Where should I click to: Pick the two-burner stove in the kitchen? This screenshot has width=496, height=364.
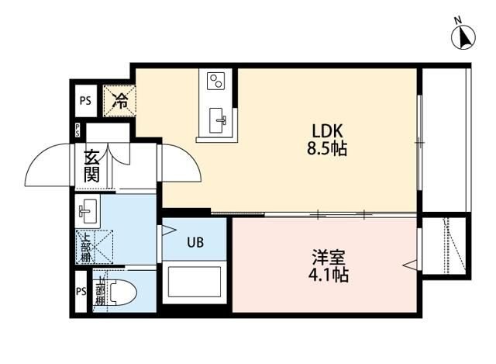[215, 80]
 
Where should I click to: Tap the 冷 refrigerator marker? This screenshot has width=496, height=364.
[119, 99]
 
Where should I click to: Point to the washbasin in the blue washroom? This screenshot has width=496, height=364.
[88, 209]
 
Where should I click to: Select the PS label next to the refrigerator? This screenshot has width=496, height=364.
[84, 99]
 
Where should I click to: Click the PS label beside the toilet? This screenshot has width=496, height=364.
[81, 292]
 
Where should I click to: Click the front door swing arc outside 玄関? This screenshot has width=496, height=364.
[50, 163]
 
